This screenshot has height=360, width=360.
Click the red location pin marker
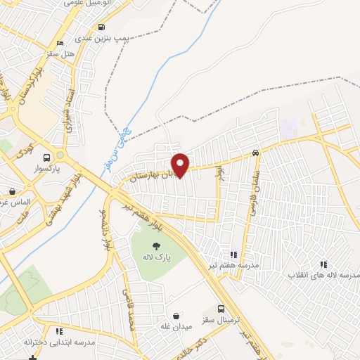180,165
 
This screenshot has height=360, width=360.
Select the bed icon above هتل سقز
59,42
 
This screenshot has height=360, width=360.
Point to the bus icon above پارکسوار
47,157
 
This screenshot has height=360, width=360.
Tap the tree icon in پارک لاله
155,245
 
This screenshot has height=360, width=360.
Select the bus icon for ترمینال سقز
221,309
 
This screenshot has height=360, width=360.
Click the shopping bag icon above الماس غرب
12,191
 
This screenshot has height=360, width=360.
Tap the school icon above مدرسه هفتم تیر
233,255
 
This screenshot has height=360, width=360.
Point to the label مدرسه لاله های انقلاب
321,275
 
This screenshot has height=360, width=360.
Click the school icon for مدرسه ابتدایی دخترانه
59,330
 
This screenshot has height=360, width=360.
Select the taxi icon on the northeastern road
255,153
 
